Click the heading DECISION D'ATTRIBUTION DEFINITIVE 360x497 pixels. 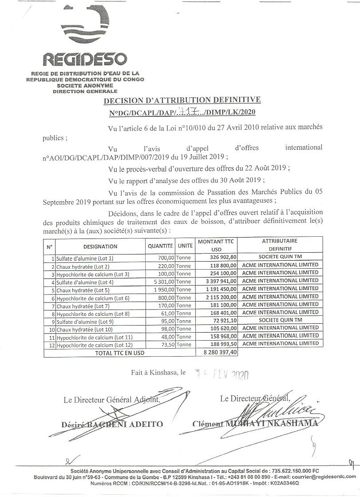point(182,100)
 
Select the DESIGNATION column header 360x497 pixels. point(100,246)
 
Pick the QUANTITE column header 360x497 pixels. point(160,246)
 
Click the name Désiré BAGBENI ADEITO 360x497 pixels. point(112,424)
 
